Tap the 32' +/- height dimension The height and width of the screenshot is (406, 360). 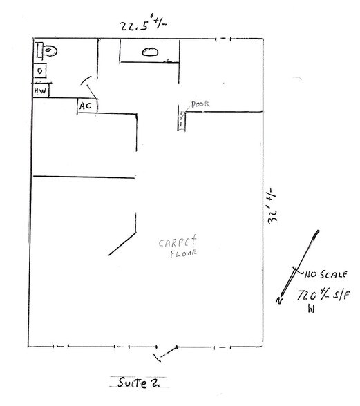[x=273, y=205]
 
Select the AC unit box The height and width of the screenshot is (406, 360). [x=87, y=106]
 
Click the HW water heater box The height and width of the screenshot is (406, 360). [x=41, y=90]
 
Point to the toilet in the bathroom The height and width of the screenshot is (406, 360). [x=47, y=50]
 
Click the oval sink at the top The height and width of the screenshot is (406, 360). [x=150, y=52]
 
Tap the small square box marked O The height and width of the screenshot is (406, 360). [x=40, y=70]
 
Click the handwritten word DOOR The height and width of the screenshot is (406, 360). [x=200, y=104]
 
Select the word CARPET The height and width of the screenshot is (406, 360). [x=178, y=242]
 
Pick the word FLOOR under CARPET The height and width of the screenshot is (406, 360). [x=183, y=253]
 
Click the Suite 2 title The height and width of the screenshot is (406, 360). [x=139, y=383]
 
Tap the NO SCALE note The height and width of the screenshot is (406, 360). [x=325, y=275]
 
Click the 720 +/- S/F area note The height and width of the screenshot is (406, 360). [x=323, y=295]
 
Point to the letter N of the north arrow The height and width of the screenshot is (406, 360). [x=279, y=300]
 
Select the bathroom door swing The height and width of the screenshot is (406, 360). [x=89, y=87]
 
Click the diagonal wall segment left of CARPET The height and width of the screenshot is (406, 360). [x=122, y=244]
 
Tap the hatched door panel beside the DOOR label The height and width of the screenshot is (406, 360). [x=182, y=121]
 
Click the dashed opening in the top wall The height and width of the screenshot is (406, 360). [x=223, y=39]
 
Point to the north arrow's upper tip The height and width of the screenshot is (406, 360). [x=318, y=231]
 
